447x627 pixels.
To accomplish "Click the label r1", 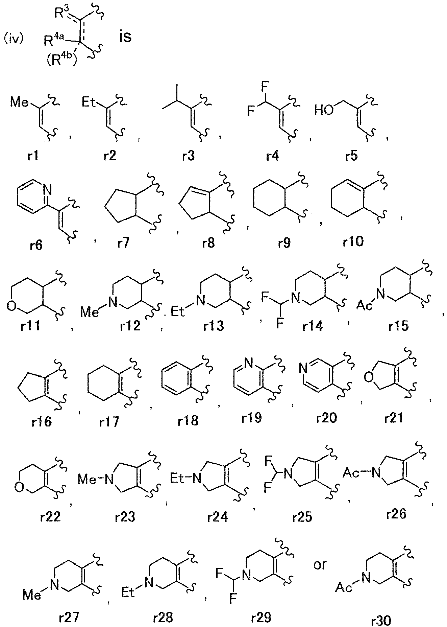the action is (33, 157).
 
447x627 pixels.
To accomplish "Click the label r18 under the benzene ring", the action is (188, 421).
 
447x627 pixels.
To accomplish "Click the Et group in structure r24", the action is (178, 479).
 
